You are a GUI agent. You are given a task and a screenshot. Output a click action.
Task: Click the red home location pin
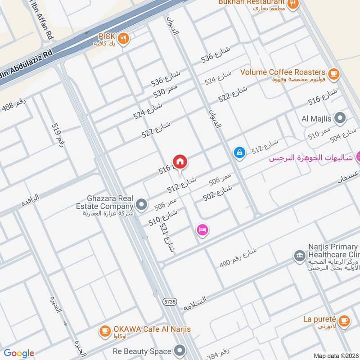pyautogui.click(x=180, y=162)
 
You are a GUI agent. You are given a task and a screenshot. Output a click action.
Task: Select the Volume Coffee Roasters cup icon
pyautogui.click(x=333, y=73)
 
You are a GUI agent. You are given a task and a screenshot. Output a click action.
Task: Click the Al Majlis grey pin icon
pyautogui.click(x=341, y=118)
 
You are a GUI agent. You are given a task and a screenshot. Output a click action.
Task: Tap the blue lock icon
pyautogui.click(x=239, y=153)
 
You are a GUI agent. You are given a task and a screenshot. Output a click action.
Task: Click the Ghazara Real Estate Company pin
pyautogui.click(x=142, y=205)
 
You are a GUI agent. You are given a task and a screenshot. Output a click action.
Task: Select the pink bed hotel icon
pyautogui.click(x=202, y=230)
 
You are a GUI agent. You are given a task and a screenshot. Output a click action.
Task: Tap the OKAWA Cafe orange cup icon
pyautogui.click(x=105, y=331)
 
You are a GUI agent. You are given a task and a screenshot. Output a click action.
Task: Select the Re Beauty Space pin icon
pyautogui.click(x=180, y=350)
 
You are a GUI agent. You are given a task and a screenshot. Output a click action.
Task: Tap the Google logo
pyautogui.click(x=19, y=353)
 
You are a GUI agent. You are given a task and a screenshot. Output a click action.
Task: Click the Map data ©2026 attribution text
pyautogui.click(x=335, y=356)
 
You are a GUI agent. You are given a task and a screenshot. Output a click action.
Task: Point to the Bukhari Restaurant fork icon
pyautogui.click(x=293, y=4)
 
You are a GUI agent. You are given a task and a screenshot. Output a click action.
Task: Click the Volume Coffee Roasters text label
pyautogui.click(x=283, y=72)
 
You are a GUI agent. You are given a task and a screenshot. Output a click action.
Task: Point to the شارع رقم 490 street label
pyautogui.click(x=237, y=260)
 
